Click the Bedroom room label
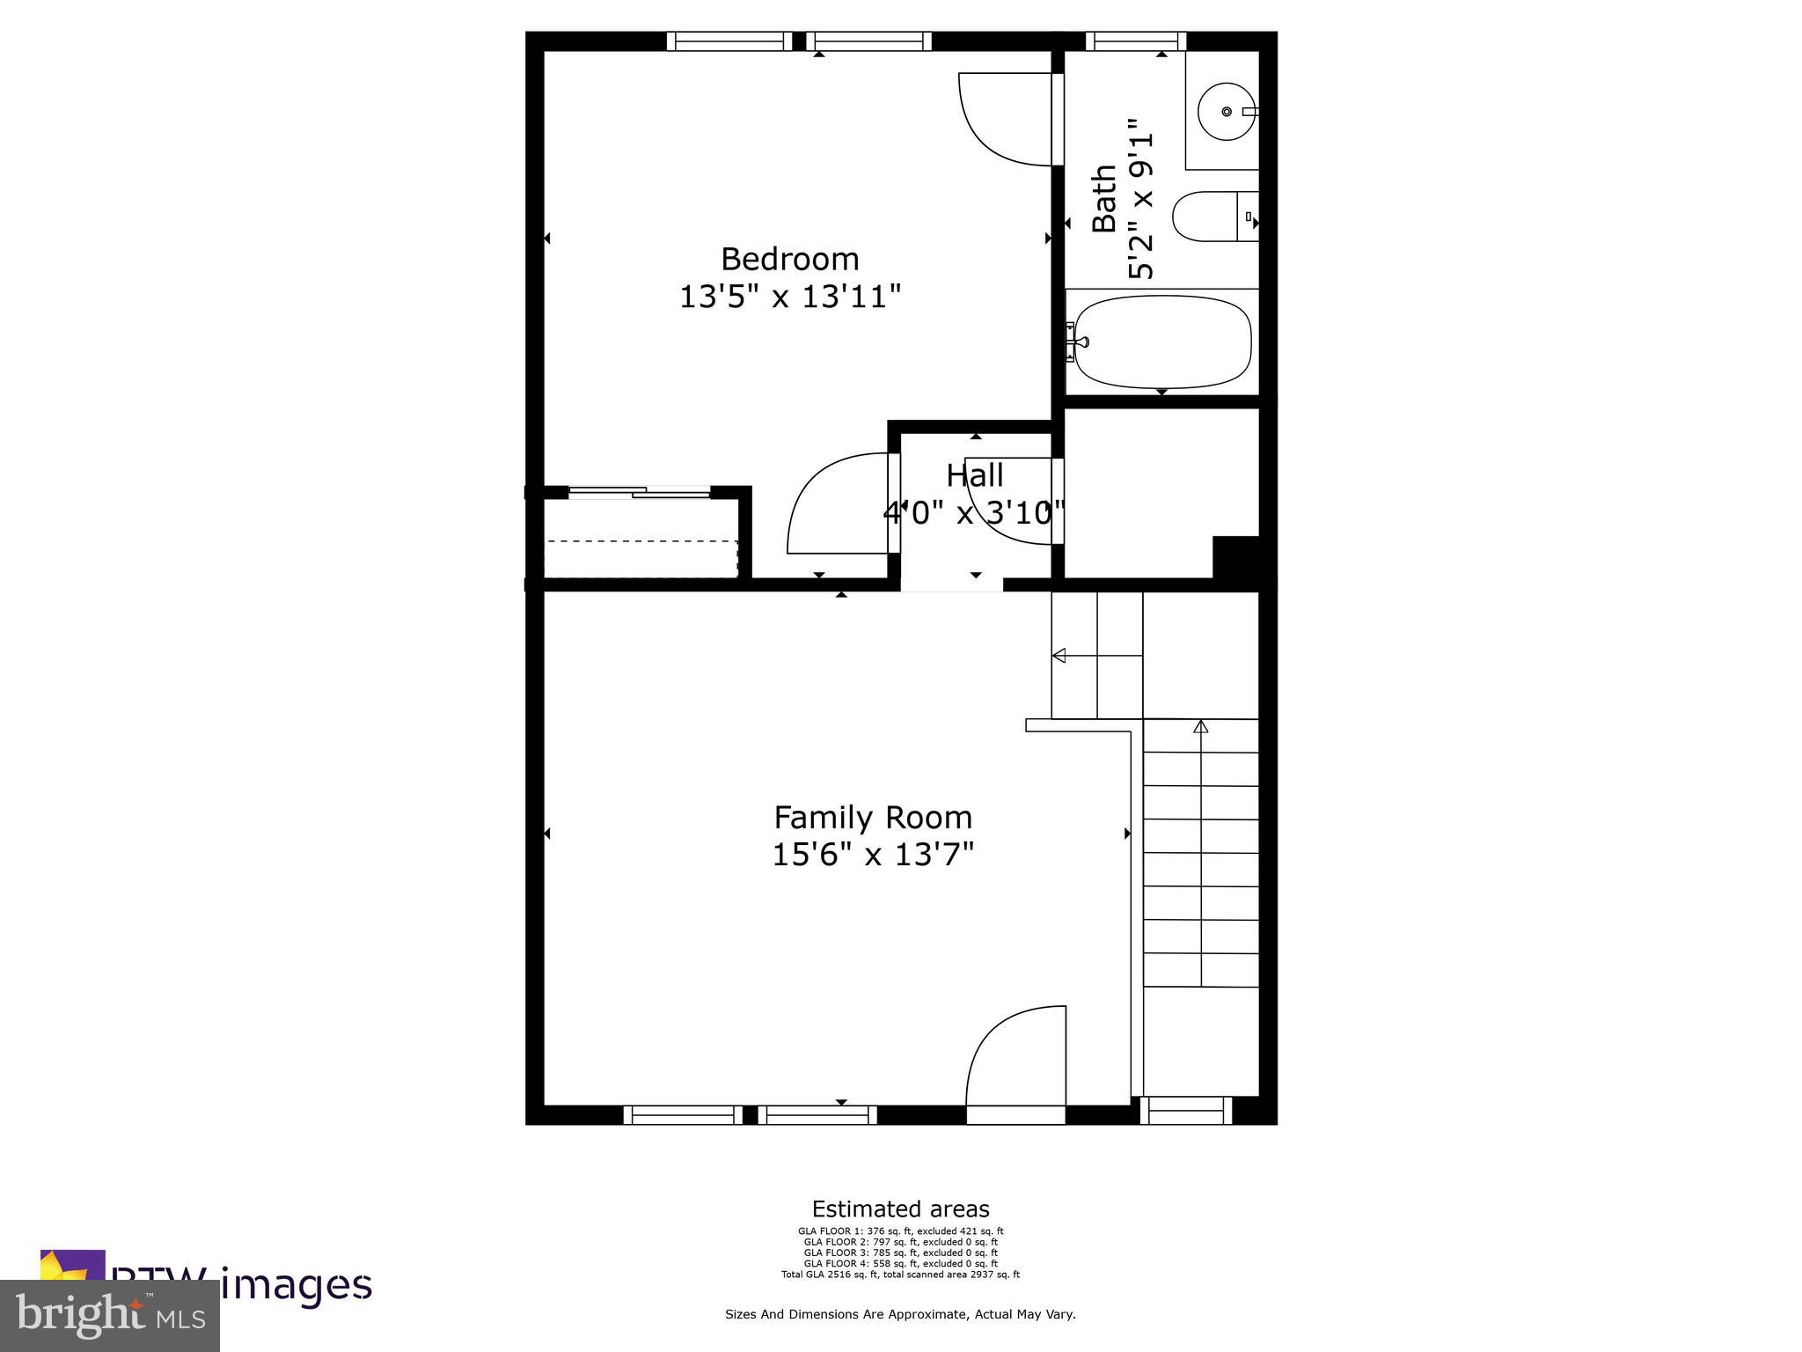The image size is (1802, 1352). pyautogui.click(x=789, y=260)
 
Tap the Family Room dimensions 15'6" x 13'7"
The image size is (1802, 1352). pyautogui.click(x=873, y=855)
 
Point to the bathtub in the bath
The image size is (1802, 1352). pyautogui.click(x=1162, y=342)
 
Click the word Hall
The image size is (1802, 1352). pyautogui.click(x=974, y=476)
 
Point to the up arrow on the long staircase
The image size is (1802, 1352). pyautogui.click(x=1200, y=727)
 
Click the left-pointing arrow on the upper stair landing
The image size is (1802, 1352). pyautogui.click(x=1059, y=655)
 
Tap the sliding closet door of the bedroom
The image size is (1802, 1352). pyautogui.click(x=640, y=492)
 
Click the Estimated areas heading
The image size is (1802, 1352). pyautogui.click(x=900, y=1209)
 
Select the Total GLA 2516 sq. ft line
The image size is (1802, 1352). pyautogui.click(x=900, y=1274)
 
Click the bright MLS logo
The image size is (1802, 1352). pyautogui.click(x=109, y=1316)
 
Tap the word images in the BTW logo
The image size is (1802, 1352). pyautogui.click(x=296, y=1285)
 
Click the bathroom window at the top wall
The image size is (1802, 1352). pyautogui.click(x=1135, y=40)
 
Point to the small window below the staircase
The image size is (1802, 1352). pyautogui.click(x=1186, y=1111)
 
